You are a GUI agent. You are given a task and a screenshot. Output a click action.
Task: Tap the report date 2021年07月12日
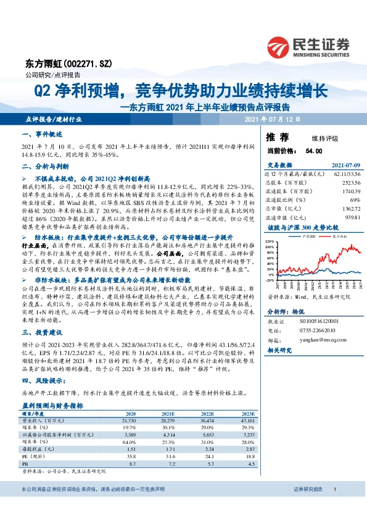coord(272,119)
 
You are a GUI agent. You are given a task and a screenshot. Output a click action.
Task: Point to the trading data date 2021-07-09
coord(345,166)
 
